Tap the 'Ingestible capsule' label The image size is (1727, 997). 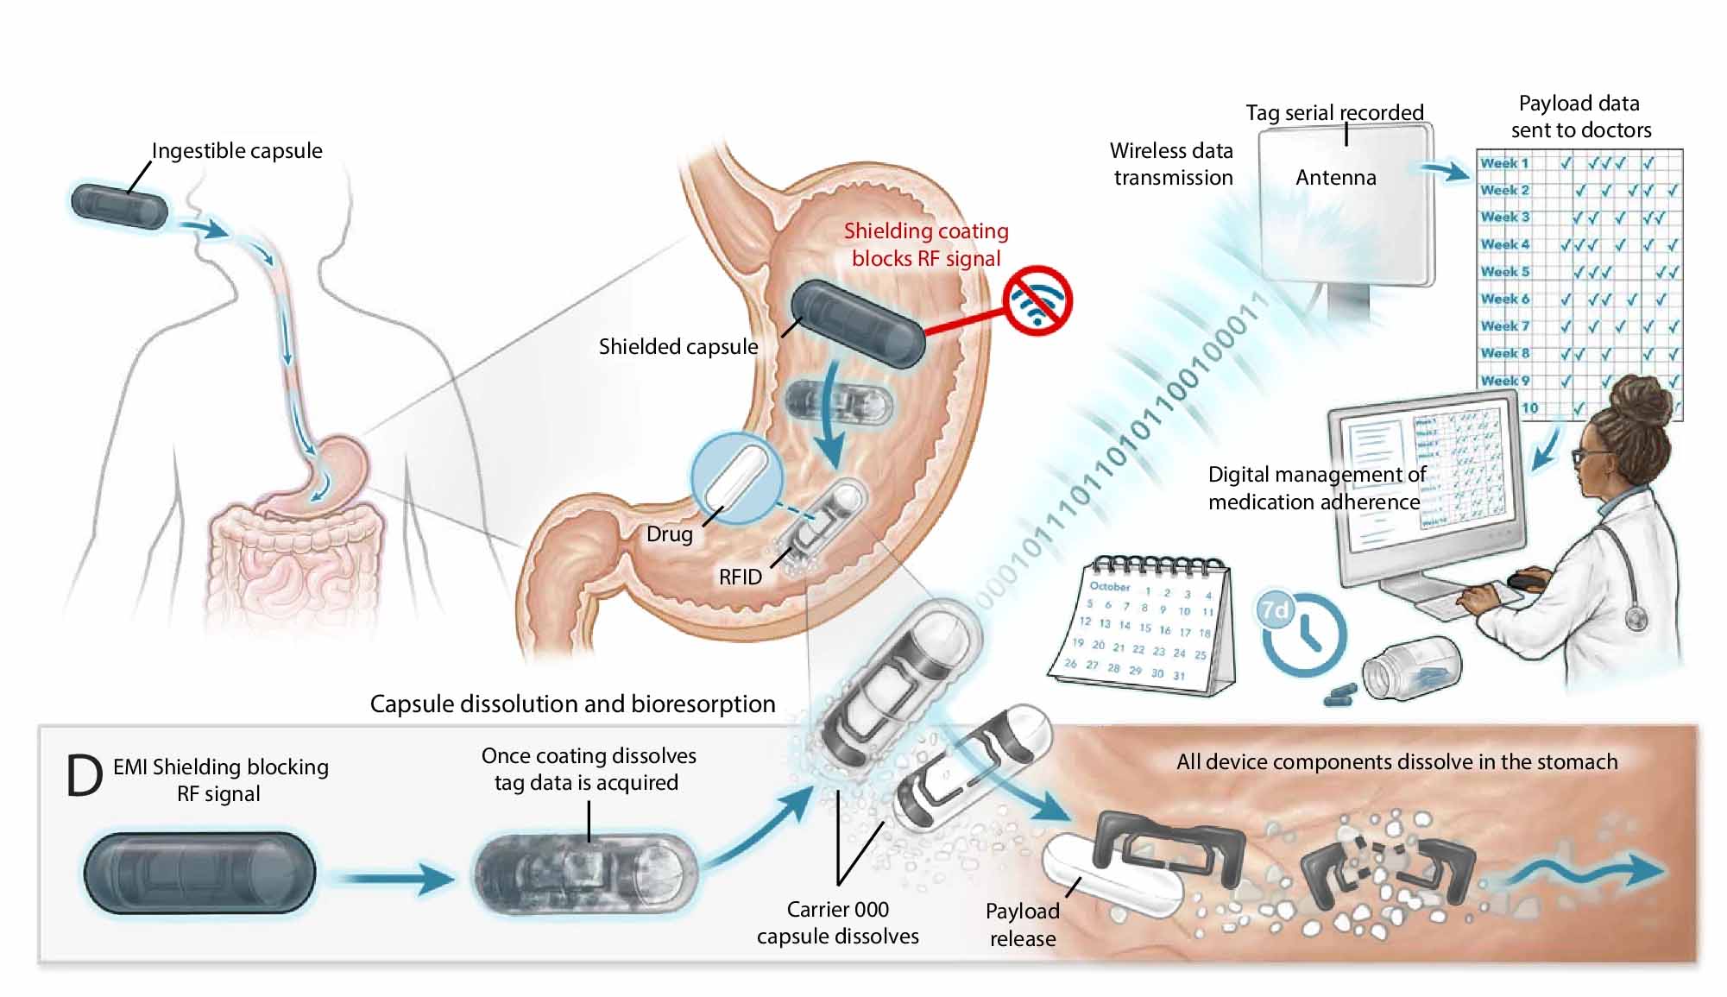pos(236,151)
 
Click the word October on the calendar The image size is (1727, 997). pos(1109,587)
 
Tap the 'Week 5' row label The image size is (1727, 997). pos(1504,272)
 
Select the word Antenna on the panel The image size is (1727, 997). pos(1335,178)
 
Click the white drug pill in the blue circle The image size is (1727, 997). pos(735,477)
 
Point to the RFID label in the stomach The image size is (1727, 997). pos(741,577)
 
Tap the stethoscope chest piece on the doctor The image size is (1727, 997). pos(1635,618)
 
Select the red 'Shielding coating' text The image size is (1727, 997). pos(926,231)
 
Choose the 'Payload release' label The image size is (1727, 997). pos(1022,924)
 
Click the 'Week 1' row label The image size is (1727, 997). pos(1504,163)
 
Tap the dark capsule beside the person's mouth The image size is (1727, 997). pos(119,206)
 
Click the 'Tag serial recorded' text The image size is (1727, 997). pos(1334,113)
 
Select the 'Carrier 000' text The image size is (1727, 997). pos(837,910)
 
